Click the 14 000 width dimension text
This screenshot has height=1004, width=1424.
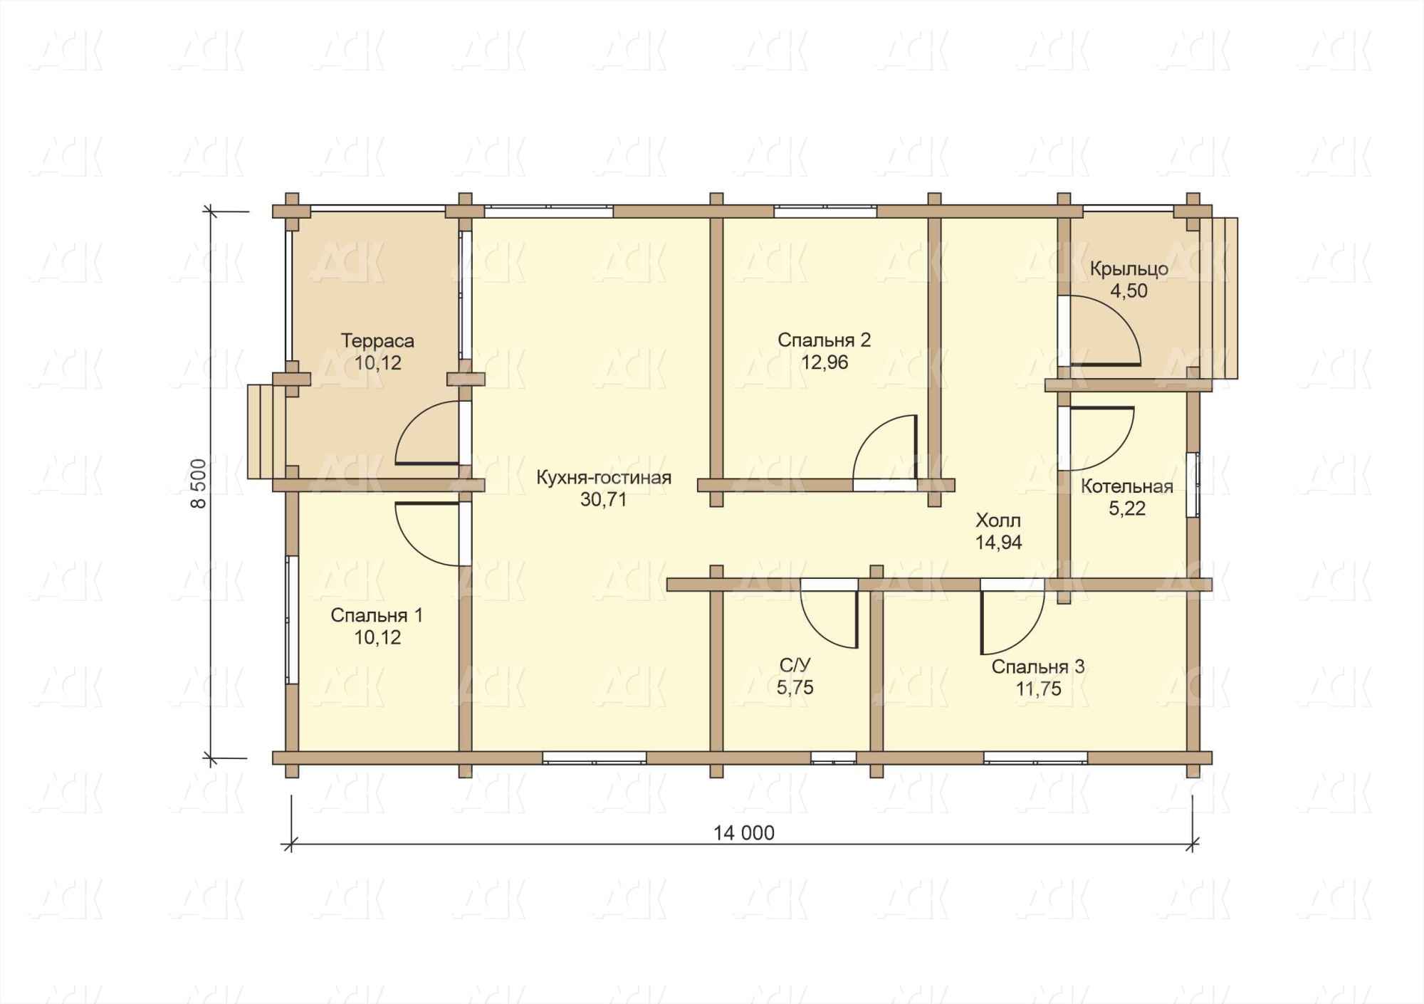click(x=743, y=832)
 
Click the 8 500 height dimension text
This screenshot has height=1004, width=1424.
click(x=199, y=483)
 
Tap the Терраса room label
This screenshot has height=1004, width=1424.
click(x=377, y=340)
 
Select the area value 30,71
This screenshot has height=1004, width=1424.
click(x=603, y=500)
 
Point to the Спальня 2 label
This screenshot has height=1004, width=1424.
click(x=824, y=340)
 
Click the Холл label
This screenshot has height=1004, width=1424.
click(x=998, y=521)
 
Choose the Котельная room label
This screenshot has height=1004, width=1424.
click(x=1127, y=487)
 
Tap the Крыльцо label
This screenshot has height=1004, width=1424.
click(x=1129, y=269)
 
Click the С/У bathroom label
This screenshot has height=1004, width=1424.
click(x=795, y=666)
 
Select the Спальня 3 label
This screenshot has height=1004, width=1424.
click(x=1038, y=667)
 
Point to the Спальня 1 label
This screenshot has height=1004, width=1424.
click(x=377, y=615)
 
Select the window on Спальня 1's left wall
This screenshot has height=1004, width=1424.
click(x=291, y=619)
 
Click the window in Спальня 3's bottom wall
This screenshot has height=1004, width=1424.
click(x=1036, y=757)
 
